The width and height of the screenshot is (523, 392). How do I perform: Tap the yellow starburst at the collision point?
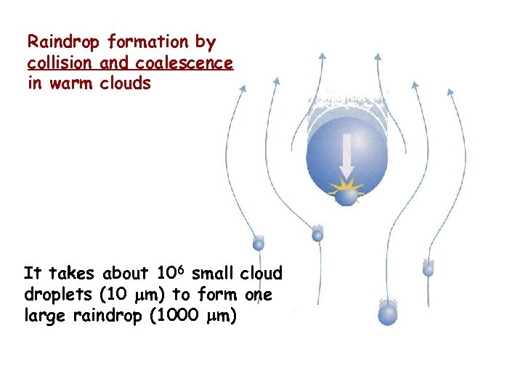(x=348, y=192)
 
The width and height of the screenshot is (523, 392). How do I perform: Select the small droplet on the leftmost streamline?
(x=258, y=243)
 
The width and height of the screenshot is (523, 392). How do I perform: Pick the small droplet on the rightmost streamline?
(x=429, y=268)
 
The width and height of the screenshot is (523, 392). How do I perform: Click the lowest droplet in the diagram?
(x=388, y=313)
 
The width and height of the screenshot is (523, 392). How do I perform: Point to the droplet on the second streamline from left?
(x=317, y=234)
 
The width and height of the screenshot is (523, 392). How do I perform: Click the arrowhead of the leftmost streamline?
(x=243, y=89)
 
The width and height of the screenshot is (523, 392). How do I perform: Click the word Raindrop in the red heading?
(x=65, y=42)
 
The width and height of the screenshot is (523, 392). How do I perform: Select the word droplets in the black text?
(x=53, y=294)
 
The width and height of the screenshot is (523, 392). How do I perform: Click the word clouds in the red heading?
(x=126, y=83)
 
